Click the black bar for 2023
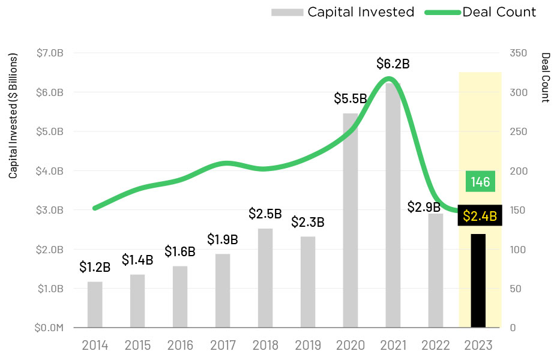[478, 281]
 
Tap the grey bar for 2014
[95, 305]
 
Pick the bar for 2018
[265, 278]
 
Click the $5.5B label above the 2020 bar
[351, 98]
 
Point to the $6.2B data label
[393, 63]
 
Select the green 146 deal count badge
[480, 182]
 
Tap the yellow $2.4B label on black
[480, 216]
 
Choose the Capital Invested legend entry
[343, 12]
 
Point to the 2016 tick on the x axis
[180, 346]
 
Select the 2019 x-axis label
[308, 346]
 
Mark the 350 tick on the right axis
[518, 53]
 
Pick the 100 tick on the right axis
[518, 250]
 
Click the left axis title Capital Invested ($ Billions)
[13, 116]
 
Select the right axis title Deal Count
[545, 77]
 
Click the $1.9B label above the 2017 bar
[223, 239]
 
